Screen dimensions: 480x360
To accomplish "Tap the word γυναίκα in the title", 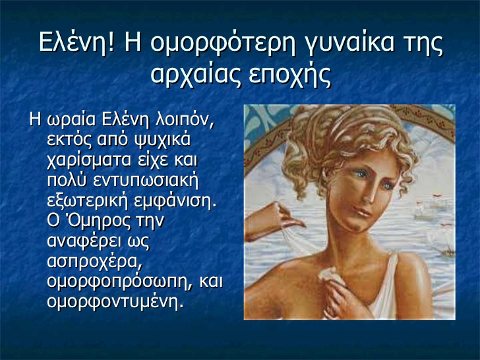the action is pos(350,44).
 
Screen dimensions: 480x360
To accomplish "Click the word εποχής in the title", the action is pos(290,75).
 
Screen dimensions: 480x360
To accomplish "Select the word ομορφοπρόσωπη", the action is pos(120,282).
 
